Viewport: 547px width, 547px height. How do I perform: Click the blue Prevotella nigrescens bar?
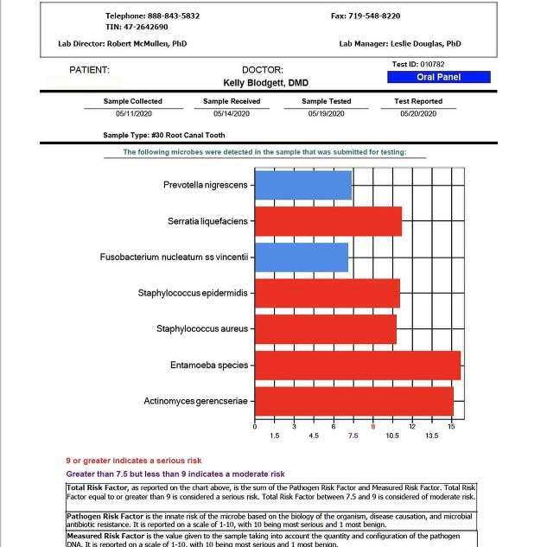point(303,186)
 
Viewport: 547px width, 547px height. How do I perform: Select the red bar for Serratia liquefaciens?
point(328,221)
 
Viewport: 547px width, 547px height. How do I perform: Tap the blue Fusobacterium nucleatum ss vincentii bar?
point(302,258)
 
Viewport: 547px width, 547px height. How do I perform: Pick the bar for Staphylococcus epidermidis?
point(328,293)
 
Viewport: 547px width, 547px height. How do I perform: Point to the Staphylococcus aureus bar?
point(326,329)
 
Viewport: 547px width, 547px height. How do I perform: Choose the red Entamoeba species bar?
point(358,366)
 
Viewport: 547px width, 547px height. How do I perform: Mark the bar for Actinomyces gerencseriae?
point(354,401)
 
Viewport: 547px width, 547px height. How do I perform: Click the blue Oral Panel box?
point(438,77)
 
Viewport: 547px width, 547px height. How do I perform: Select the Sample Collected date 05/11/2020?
point(132,113)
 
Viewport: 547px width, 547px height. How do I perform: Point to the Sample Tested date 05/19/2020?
point(326,113)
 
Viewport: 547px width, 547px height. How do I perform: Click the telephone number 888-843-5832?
point(171,16)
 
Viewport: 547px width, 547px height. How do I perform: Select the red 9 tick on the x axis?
point(373,426)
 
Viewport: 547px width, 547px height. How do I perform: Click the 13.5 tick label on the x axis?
point(432,436)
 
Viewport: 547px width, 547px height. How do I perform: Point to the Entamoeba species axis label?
point(209,366)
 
